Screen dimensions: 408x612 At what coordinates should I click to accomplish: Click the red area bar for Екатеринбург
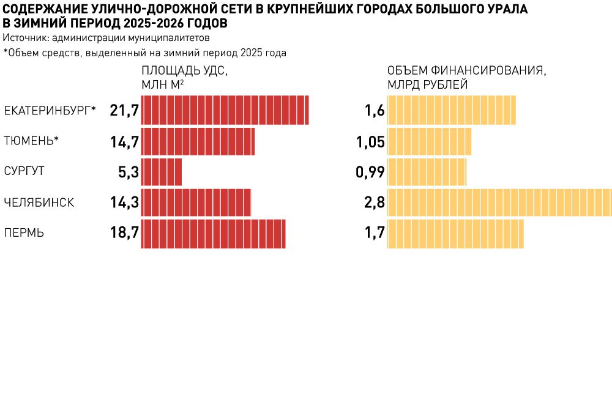pos(225,111)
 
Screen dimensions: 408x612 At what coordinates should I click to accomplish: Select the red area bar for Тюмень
pos(198,141)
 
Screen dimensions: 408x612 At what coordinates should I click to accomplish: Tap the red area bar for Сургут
pos(162,172)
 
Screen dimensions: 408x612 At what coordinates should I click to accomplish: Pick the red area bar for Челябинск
pos(196,202)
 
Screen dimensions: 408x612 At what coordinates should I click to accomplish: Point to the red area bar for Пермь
pos(213,233)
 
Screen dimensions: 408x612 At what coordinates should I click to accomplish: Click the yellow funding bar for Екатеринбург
pos(451,111)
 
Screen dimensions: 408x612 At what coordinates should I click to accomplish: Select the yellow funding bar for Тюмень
pos(429,141)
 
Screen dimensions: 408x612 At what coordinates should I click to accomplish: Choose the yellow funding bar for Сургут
pos(427,172)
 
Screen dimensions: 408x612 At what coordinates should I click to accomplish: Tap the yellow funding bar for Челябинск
pos(499,202)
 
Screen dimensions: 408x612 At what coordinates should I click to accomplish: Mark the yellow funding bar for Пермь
pos(455,233)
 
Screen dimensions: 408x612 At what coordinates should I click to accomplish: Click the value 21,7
pos(125,111)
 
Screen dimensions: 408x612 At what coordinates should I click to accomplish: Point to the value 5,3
pos(129,172)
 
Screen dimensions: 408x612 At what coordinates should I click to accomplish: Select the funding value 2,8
pos(374,202)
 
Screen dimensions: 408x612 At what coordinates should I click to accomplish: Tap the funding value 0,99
pos(370,172)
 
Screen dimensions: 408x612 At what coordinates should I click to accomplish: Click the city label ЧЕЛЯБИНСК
pos(39,202)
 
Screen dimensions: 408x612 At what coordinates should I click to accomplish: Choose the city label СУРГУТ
pos(24,172)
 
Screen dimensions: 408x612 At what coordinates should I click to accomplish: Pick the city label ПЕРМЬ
pos(24,233)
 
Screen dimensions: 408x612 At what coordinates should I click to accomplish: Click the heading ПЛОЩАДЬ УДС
pos(184,71)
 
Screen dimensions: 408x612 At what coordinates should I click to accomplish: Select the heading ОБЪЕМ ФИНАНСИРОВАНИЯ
pos(467,71)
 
